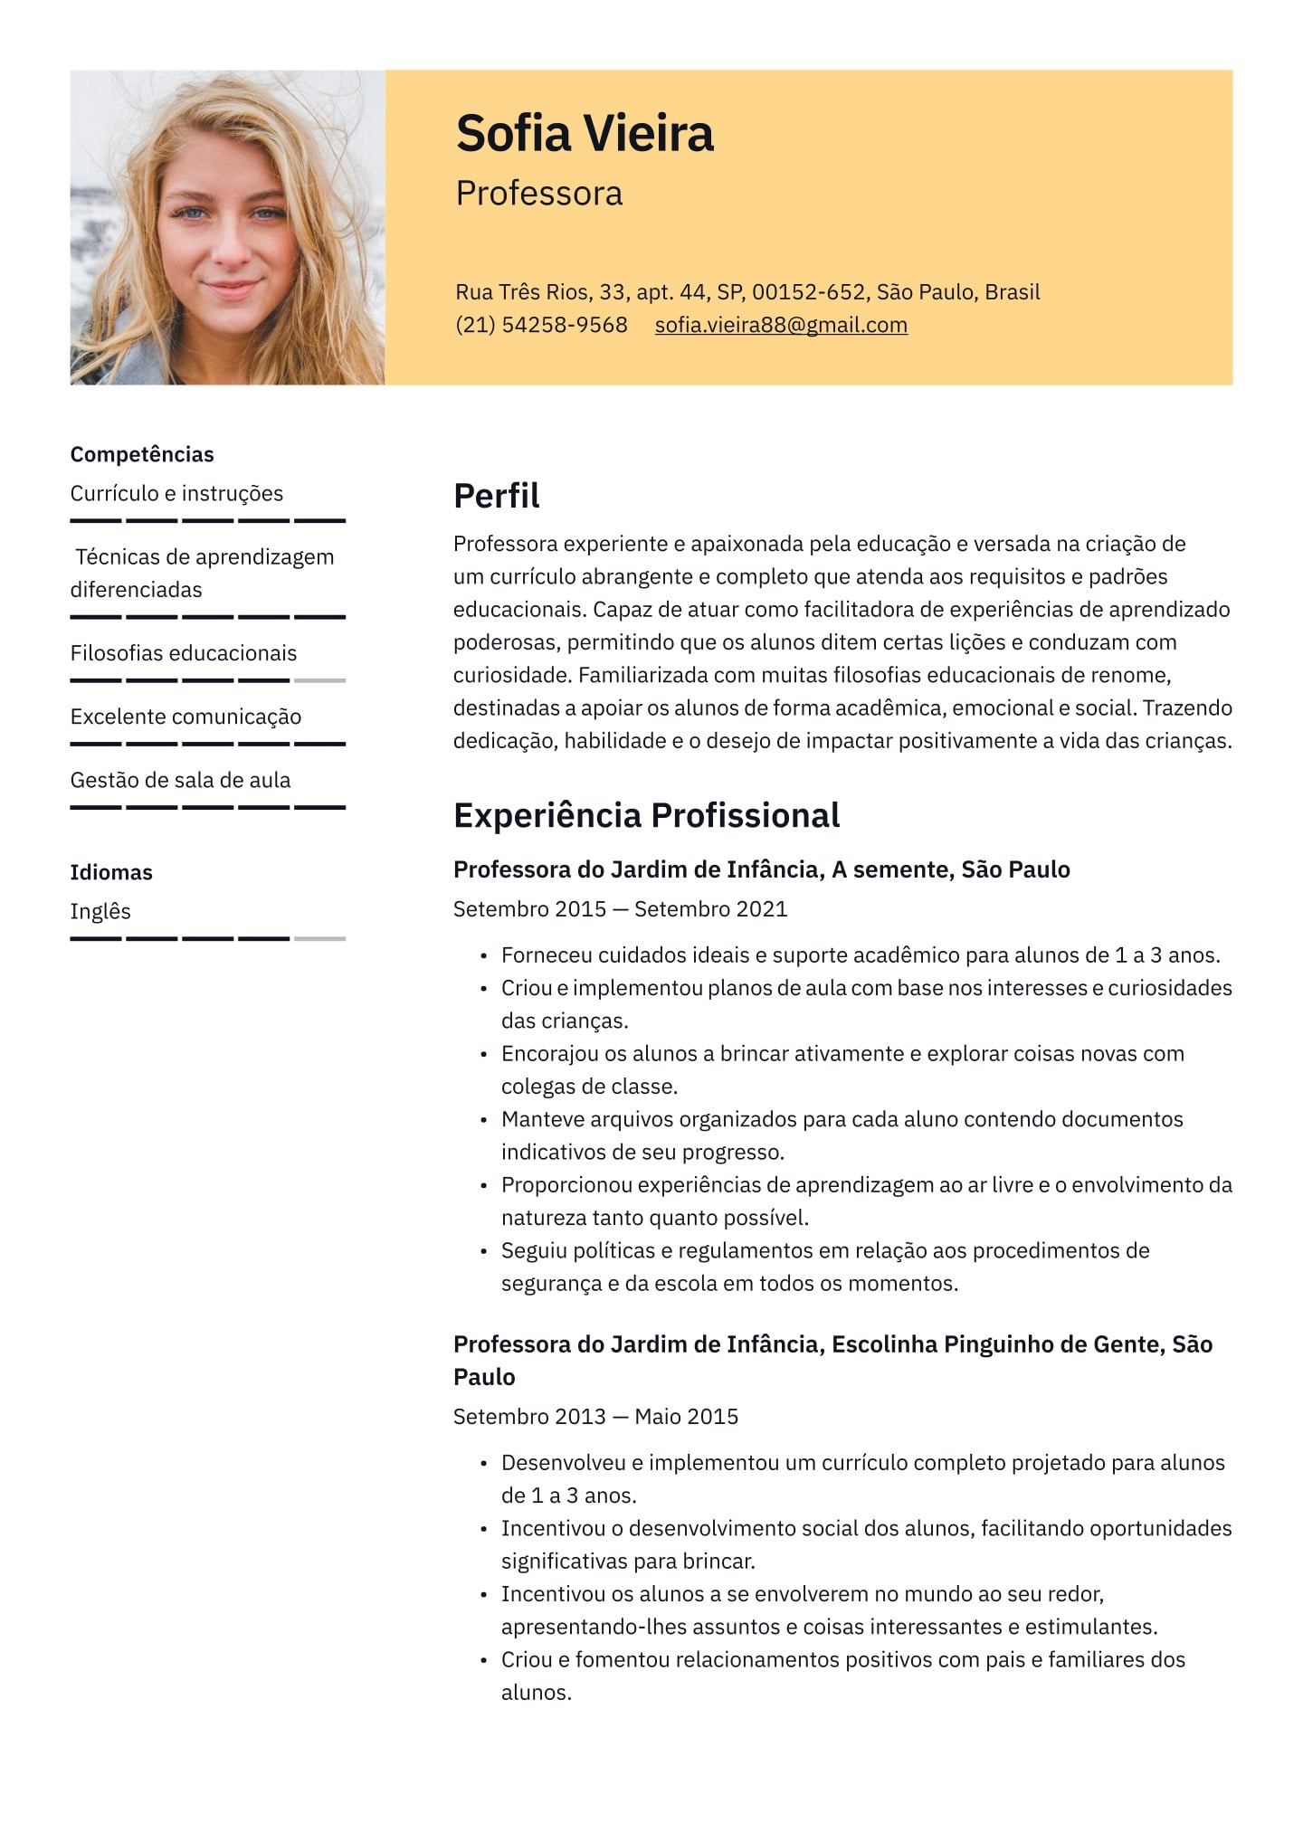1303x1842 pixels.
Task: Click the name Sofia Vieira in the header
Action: pos(585,134)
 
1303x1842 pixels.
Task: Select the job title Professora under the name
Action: pos(538,194)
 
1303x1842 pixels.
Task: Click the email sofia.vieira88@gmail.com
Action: pos(781,325)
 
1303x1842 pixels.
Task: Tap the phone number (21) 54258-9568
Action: pos(541,325)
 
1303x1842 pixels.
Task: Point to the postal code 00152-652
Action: pos(808,292)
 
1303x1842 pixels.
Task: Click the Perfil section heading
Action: pos(496,496)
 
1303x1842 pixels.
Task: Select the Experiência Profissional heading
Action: pos(646,815)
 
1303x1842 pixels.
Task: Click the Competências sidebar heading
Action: pos(142,454)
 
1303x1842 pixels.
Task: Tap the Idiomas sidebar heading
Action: pos(111,872)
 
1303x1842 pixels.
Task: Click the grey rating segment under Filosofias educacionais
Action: pos(320,680)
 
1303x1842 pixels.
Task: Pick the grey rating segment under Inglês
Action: pos(320,939)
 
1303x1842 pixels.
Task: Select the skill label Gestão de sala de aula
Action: pos(180,780)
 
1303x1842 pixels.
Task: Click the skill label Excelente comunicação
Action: pos(185,717)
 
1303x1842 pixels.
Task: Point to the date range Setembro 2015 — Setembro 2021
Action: pos(620,909)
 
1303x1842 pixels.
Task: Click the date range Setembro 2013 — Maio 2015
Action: pos(595,1417)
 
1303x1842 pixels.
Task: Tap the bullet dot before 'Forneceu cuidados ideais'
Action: pos(484,956)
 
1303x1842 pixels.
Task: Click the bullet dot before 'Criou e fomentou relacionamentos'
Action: pos(484,1661)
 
